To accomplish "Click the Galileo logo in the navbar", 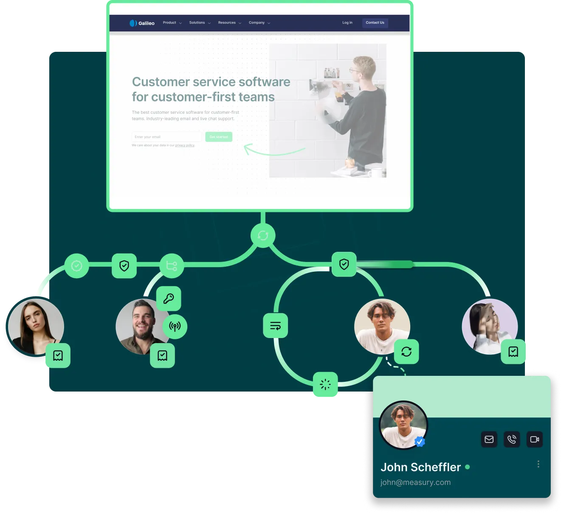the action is (x=142, y=23).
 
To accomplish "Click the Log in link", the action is (x=347, y=23).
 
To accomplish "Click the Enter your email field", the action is (x=166, y=137).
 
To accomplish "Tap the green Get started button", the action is (x=219, y=137).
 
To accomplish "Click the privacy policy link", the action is (x=185, y=145).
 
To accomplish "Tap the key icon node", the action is (x=169, y=299).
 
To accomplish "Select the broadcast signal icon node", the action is (x=175, y=326).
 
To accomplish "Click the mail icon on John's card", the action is (x=489, y=439).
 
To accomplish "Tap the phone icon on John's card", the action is (x=512, y=439).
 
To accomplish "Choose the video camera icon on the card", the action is (x=535, y=439).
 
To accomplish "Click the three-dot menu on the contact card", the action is (x=538, y=464).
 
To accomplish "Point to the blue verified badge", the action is (x=420, y=442).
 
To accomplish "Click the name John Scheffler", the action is (x=420, y=467).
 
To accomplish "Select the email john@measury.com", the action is (x=415, y=482).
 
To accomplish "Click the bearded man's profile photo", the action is (x=140, y=326).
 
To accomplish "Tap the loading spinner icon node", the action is (x=325, y=384).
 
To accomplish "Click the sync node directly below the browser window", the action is (x=263, y=235).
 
